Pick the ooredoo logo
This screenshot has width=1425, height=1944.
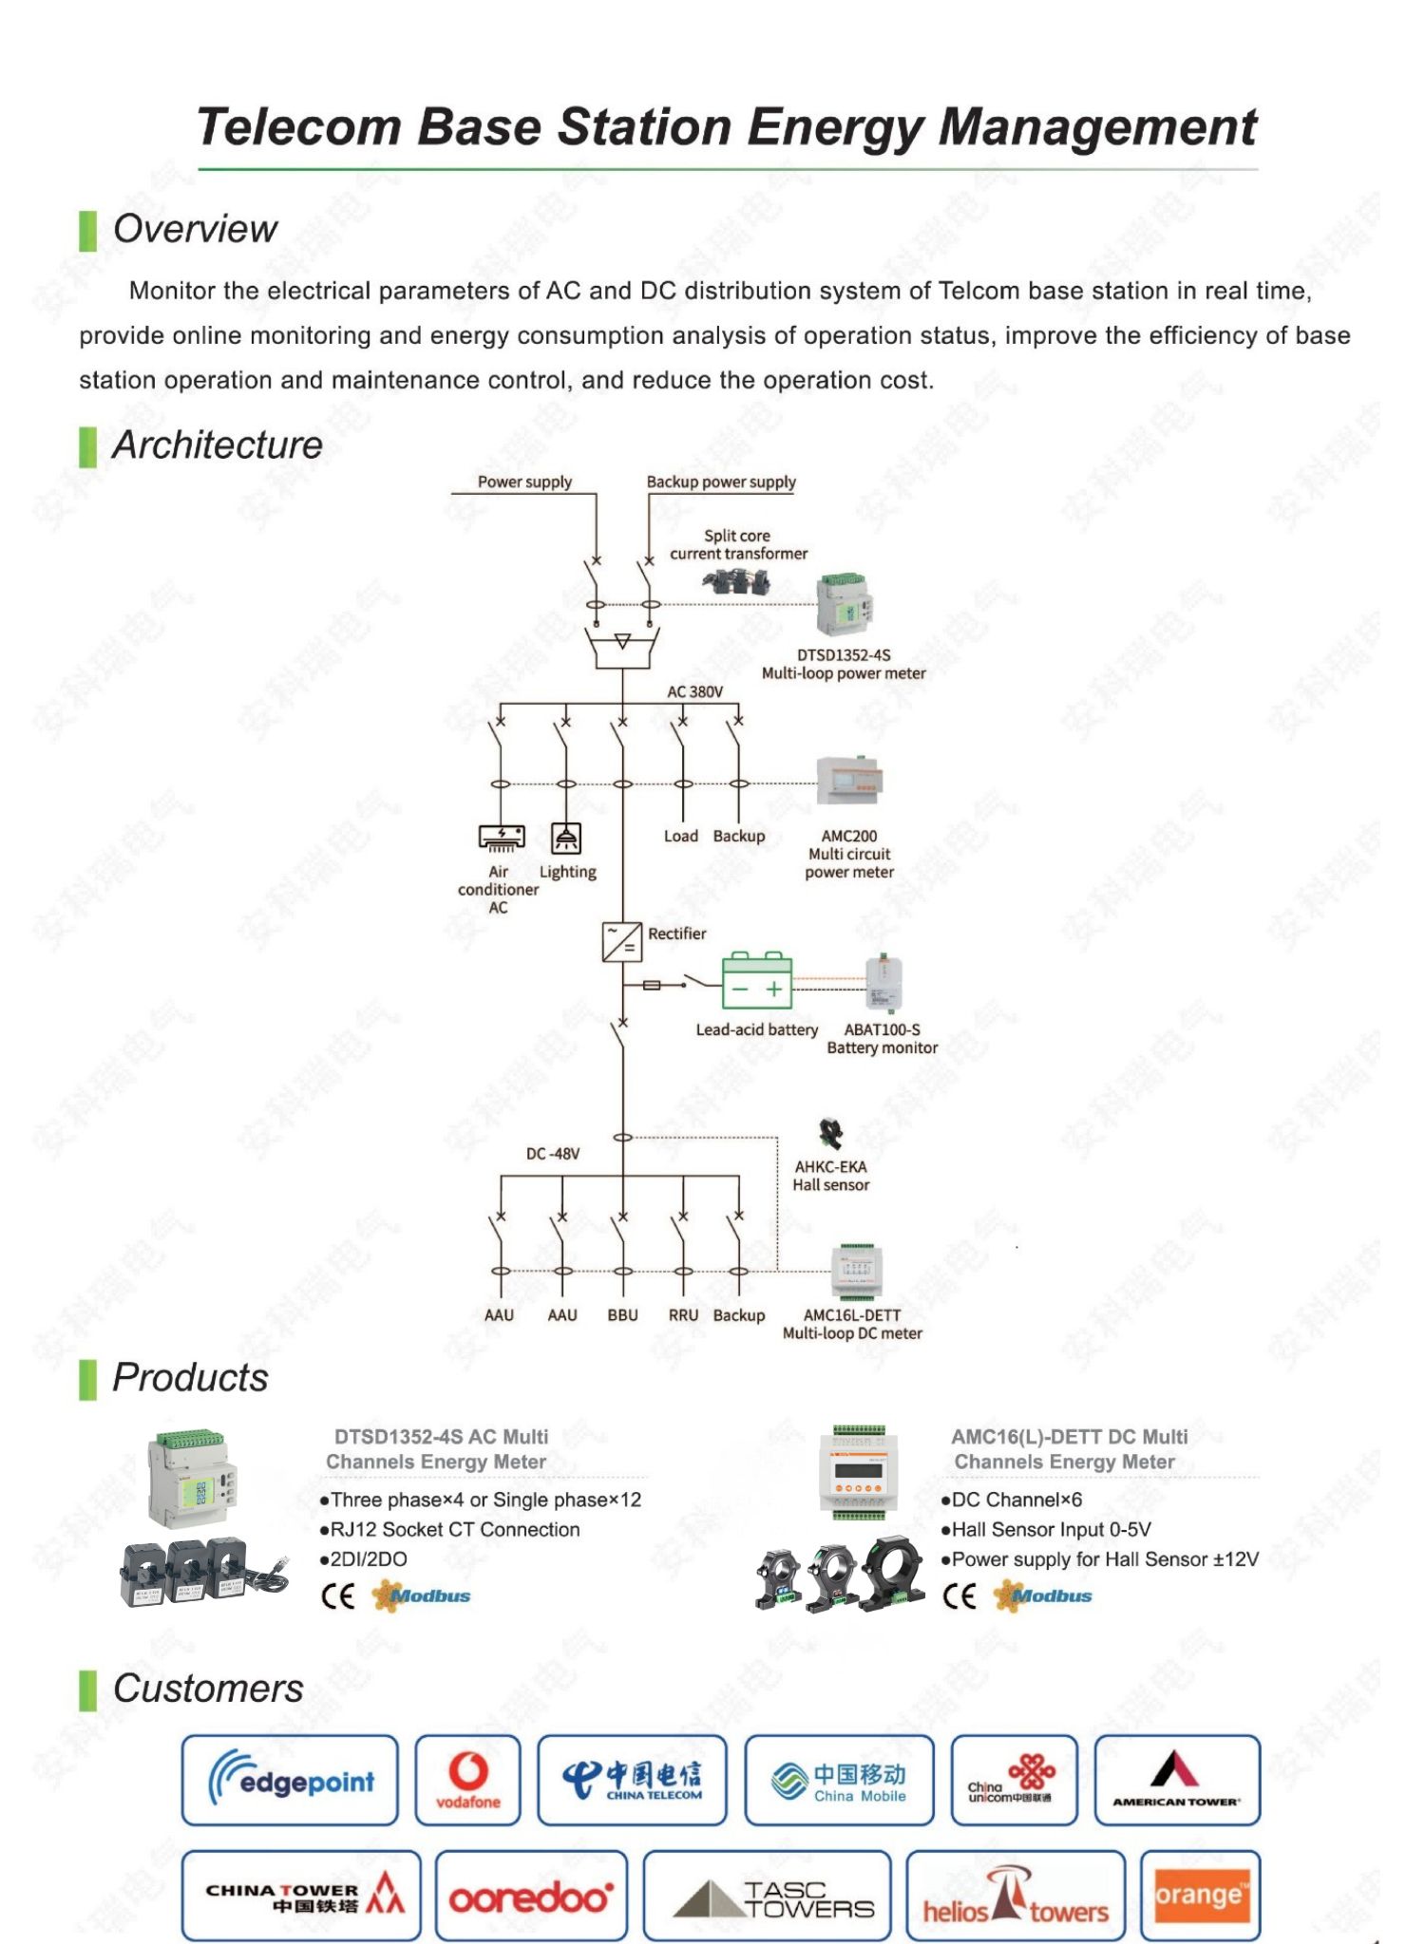point(531,1896)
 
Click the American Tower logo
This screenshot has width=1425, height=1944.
point(1176,1778)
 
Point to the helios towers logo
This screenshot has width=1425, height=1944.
point(1016,1896)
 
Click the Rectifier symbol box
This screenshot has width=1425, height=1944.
point(622,942)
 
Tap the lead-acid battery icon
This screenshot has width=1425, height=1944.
point(756,980)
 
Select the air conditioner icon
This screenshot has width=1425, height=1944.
point(501,838)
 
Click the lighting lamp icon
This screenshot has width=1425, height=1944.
point(566,838)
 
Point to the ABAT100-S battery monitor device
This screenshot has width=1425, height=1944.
point(883,983)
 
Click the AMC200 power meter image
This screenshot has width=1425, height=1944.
point(849,783)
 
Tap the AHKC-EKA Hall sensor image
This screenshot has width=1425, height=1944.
point(831,1133)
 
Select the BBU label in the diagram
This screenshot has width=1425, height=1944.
point(623,1315)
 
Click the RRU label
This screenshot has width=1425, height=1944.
point(683,1315)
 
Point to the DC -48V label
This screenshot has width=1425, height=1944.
point(553,1154)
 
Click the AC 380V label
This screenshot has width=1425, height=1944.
point(694,691)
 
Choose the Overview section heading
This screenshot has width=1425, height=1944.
point(195,229)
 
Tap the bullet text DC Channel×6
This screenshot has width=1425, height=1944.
point(1012,1500)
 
